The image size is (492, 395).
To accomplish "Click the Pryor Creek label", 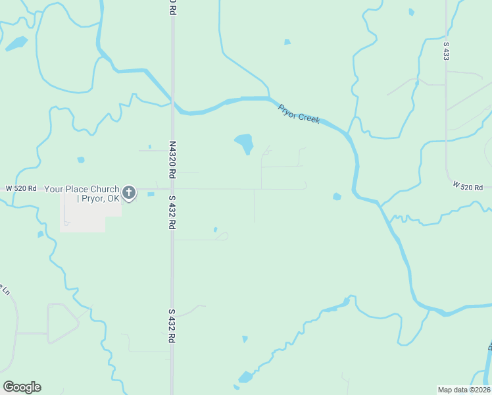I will [x=299, y=114].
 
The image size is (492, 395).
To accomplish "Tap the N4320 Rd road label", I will [x=172, y=160].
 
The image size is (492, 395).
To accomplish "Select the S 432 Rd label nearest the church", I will [x=172, y=212].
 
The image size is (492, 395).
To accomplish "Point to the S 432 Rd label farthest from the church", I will [x=172, y=325].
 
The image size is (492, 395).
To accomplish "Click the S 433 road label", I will [x=446, y=51].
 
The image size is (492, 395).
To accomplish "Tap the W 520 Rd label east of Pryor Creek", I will [x=468, y=187].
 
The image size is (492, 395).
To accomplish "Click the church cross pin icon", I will [x=129, y=193].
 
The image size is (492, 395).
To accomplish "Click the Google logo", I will [x=22, y=387].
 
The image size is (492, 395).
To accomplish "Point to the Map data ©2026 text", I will [x=464, y=389].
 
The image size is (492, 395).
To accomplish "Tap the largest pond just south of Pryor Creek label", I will [x=244, y=142].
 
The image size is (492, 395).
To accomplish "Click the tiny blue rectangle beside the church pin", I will [x=151, y=194].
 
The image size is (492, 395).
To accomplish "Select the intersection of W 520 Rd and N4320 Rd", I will [x=172, y=189].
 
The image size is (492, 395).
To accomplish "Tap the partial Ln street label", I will [x=6, y=289].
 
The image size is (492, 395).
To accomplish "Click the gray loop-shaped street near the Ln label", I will [x=62, y=323].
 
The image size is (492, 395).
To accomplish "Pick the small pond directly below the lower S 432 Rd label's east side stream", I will [x=245, y=339].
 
